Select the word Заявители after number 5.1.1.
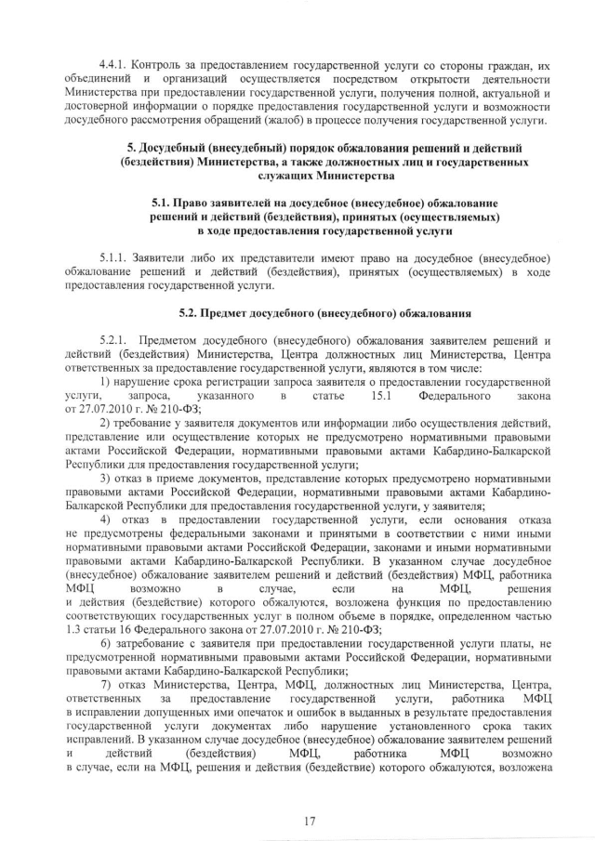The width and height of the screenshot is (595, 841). (166, 256)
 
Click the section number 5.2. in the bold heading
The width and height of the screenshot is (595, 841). (191, 311)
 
